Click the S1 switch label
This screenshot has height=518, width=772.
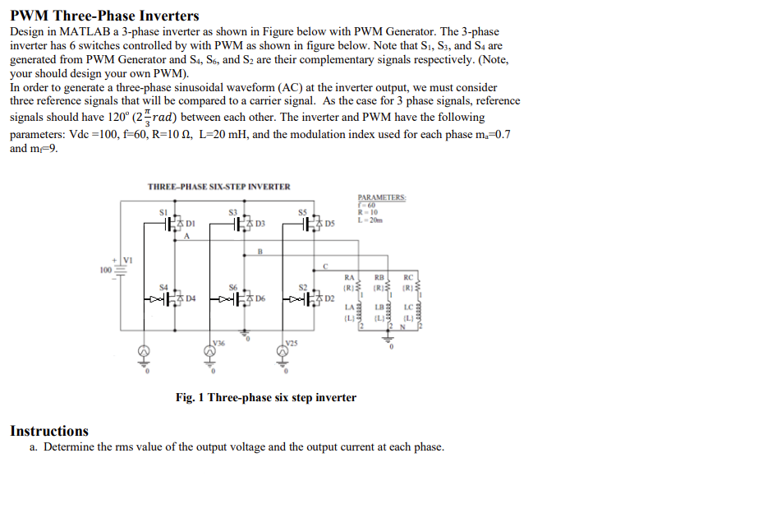click(x=163, y=212)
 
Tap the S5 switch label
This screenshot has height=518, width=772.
click(x=301, y=212)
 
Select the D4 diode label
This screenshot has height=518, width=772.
click(x=191, y=297)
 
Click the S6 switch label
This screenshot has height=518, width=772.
click(x=233, y=285)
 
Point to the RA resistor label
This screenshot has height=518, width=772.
click(x=349, y=277)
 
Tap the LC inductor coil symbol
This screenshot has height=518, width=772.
click(x=420, y=310)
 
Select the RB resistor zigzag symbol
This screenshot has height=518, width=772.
click(x=389, y=288)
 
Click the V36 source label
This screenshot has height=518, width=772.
click(x=218, y=341)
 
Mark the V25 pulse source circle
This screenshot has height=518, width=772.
click(x=281, y=354)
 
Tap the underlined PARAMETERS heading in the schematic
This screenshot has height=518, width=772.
click(x=382, y=197)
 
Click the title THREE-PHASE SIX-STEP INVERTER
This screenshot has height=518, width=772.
click(x=218, y=187)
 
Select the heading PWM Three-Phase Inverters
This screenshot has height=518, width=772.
click(x=104, y=16)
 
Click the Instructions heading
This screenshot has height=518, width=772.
click(x=49, y=431)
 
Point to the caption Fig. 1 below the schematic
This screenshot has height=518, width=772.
click(x=265, y=398)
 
